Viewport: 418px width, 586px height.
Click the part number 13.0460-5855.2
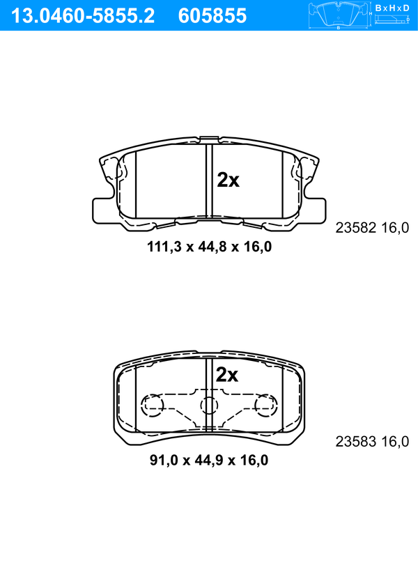[83, 16]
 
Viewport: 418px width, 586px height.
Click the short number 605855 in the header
[212, 16]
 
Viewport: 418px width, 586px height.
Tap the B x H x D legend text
[392, 8]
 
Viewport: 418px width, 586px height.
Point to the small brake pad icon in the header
[339, 16]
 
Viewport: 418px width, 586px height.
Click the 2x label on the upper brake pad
[229, 180]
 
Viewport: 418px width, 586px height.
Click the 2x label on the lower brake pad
[226, 375]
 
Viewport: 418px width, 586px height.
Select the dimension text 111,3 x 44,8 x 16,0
[209, 247]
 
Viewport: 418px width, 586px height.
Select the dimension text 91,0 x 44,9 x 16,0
[209, 460]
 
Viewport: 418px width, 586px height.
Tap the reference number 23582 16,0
[372, 228]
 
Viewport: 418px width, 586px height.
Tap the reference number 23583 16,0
[372, 441]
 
